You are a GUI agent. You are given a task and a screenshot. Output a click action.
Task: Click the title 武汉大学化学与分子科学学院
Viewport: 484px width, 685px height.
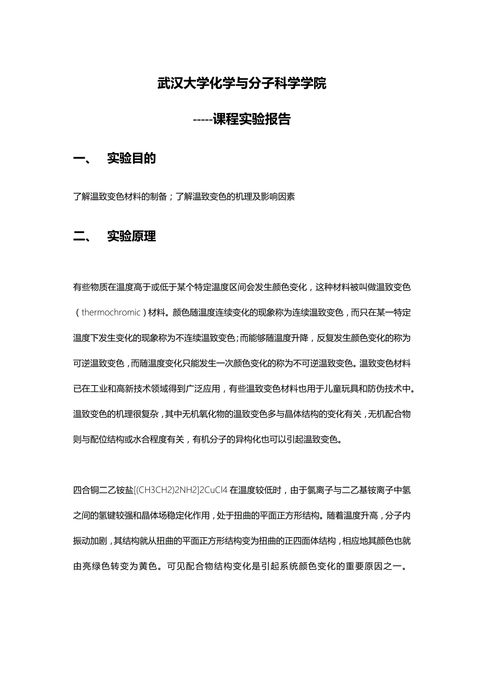point(242,83)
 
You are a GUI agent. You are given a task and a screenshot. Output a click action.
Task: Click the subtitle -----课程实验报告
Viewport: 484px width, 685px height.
point(242,119)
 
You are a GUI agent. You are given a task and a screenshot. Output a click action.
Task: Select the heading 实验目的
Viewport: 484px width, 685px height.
point(132,158)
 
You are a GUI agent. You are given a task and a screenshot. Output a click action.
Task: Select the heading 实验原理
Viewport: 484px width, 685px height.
point(132,236)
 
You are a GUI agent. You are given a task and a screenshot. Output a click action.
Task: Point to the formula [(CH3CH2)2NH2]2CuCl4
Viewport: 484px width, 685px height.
point(181,490)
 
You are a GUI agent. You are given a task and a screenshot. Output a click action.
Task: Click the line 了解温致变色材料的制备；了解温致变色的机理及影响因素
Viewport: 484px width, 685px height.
point(184,197)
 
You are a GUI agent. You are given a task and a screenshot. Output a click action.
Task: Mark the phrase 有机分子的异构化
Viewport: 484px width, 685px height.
point(228,439)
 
